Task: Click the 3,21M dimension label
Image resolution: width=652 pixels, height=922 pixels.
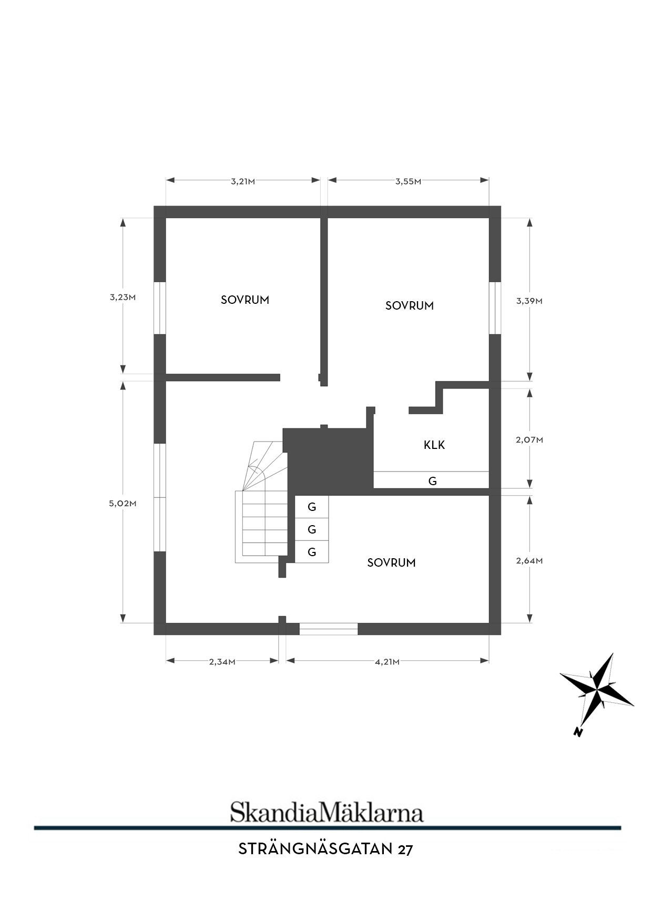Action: point(243,182)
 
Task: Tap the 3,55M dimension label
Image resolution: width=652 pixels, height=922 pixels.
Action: point(409,182)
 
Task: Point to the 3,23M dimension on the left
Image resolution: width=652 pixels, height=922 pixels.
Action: point(123,297)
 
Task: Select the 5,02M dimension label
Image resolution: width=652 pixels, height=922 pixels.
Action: point(123,503)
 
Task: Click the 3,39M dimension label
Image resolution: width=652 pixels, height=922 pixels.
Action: point(529,301)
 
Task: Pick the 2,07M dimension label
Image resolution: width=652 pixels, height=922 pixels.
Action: point(529,440)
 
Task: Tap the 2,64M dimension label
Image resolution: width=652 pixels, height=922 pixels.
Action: point(529,561)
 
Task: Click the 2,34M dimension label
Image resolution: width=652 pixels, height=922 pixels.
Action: point(222,662)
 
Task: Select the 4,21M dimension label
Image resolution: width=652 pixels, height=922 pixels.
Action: point(387,662)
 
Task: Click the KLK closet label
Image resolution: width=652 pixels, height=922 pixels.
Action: point(434,445)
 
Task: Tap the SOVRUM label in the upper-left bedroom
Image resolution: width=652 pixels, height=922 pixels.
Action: point(245,300)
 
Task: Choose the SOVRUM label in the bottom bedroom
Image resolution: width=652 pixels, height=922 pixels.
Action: point(392,563)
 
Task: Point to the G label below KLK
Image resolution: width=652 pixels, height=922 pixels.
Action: point(433,481)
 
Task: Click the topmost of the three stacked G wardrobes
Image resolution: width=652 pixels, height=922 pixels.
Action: point(312,507)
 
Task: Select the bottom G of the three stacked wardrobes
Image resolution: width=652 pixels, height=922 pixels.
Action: point(312,552)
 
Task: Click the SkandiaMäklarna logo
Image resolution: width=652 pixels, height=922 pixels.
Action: point(327,812)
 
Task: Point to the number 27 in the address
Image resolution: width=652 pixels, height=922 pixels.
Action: point(405,849)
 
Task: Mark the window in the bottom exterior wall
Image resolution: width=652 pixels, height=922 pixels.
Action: point(329,629)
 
